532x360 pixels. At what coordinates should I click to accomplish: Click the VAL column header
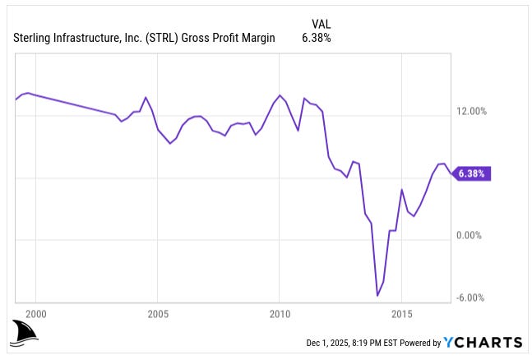tap(321, 23)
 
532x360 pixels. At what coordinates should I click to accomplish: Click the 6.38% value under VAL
tap(317, 38)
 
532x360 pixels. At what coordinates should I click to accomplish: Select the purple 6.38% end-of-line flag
tap(472, 173)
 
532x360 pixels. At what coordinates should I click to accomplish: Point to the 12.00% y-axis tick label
tap(472, 112)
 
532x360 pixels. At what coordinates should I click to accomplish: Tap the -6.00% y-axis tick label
tap(472, 298)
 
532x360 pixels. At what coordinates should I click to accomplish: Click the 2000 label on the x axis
tap(35, 313)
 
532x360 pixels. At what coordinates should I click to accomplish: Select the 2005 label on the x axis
tap(158, 313)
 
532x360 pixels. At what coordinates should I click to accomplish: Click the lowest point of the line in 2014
tap(377, 295)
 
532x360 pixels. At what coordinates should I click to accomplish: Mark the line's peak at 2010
tap(280, 95)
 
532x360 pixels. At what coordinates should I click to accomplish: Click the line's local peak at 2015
tap(402, 190)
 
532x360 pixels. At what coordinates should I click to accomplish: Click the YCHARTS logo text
tap(482, 342)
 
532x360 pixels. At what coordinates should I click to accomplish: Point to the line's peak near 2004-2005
tap(146, 97)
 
